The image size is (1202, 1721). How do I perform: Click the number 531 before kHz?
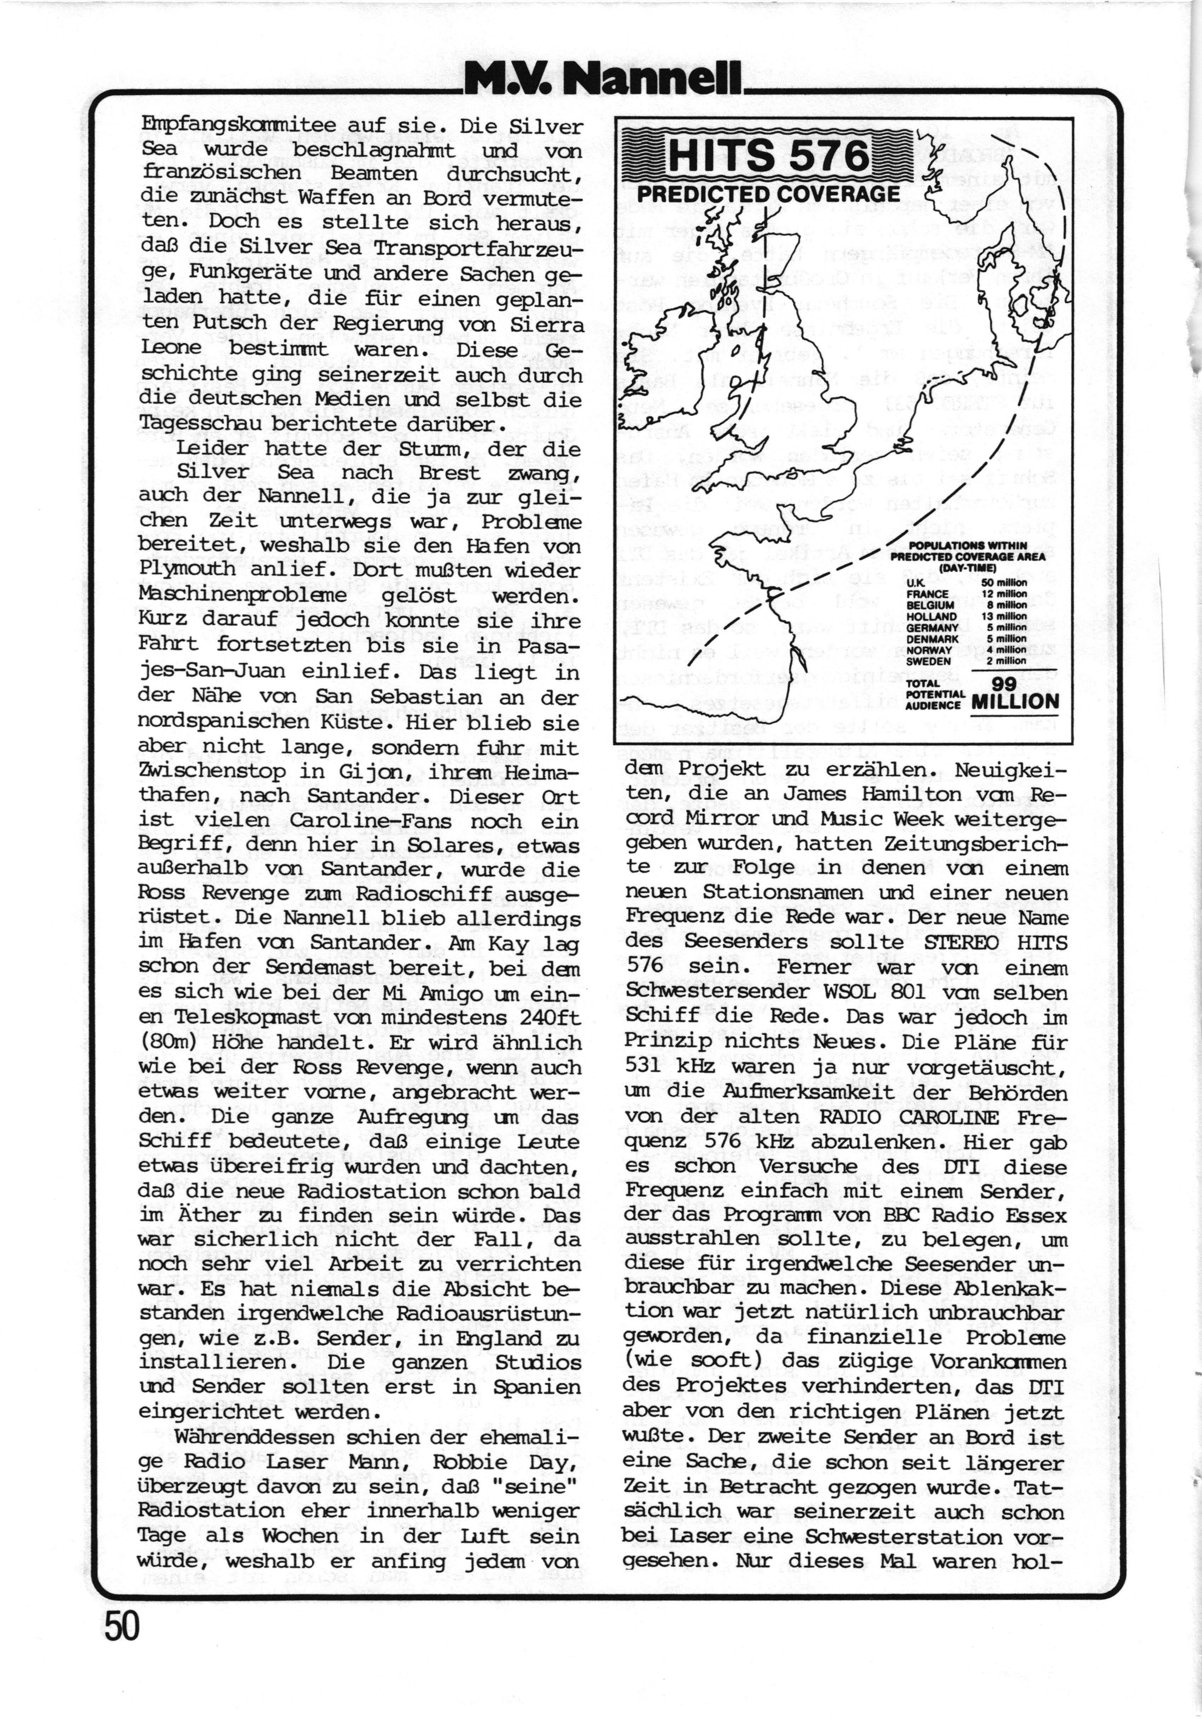[651, 1067]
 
